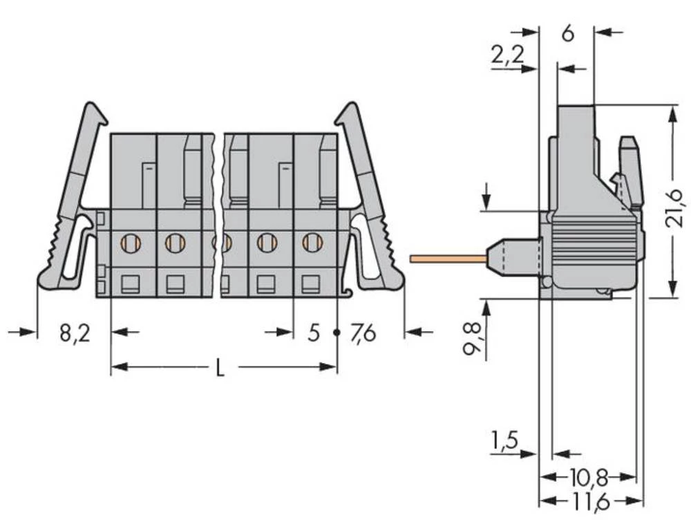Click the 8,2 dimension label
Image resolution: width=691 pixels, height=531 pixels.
point(73,333)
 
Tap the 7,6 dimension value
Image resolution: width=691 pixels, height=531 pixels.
point(363,333)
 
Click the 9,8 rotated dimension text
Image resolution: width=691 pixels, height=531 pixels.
point(472,336)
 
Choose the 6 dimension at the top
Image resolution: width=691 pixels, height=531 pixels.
point(567,32)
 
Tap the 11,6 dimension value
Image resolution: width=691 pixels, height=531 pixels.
point(589,502)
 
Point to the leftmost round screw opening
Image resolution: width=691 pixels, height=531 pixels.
point(130,243)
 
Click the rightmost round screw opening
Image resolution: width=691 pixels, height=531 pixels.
point(312,243)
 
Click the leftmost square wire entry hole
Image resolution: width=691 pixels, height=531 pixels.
point(130,283)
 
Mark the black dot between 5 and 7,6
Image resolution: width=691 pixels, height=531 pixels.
point(337,333)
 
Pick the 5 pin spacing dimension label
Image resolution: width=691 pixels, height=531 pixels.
point(314,333)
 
